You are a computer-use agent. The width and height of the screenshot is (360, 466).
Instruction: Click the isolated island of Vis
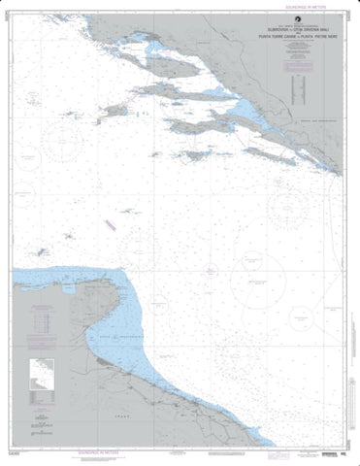(x=115, y=111)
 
